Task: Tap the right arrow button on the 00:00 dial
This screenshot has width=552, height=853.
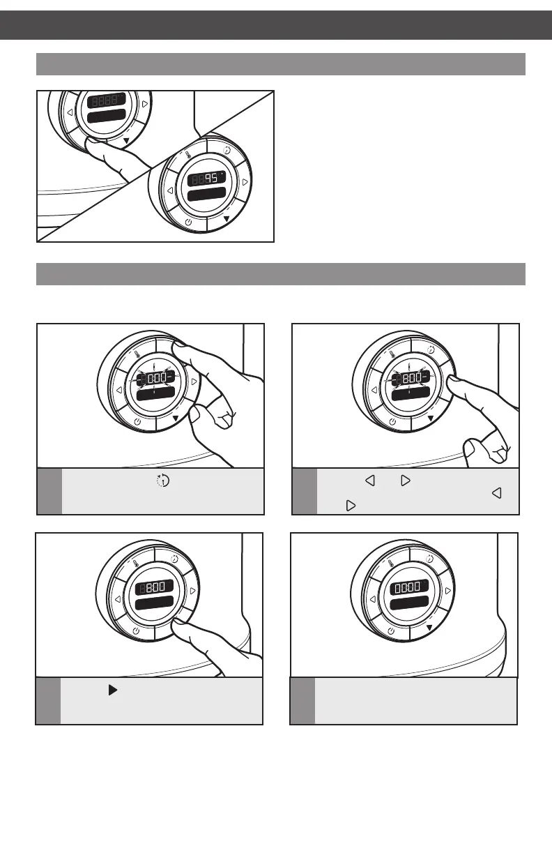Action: point(447,590)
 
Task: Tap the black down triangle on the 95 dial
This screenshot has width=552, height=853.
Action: point(226,218)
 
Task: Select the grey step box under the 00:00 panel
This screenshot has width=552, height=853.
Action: point(302,701)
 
